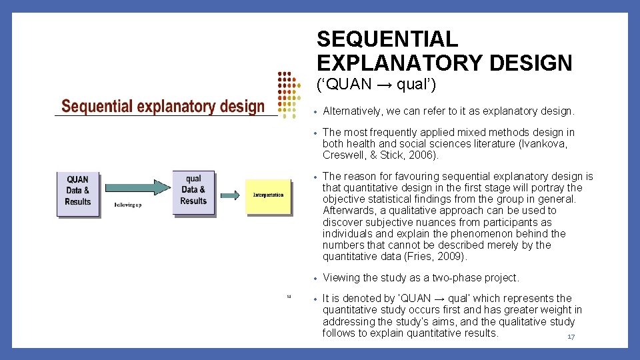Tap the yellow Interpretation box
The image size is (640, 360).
(x=268, y=195)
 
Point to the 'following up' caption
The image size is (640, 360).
(x=128, y=205)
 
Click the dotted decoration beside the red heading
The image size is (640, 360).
(x=287, y=94)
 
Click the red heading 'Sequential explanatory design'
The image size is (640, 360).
(x=163, y=107)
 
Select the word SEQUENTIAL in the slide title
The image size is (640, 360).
(x=387, y=39)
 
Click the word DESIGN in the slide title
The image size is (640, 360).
(x=531, y=63)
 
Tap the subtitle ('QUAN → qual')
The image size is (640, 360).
(x=376, y=85)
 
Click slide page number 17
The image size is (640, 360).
(x=571, y=337)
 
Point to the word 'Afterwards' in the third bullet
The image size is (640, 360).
(x=348, y=211)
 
